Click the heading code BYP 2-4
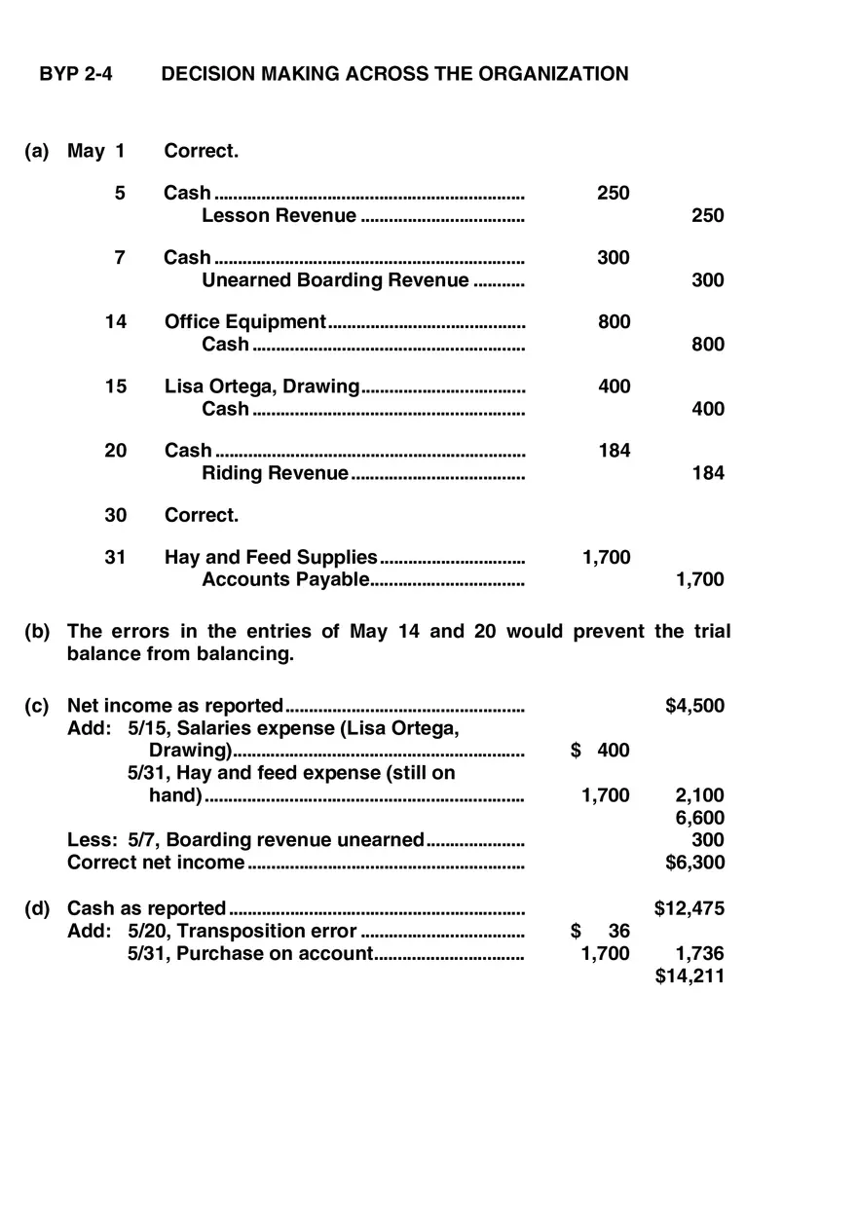(x=75, y=74)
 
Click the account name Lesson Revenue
(x=279, y=216)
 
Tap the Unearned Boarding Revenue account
(x=335, y=280)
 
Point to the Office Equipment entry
(x=244, y=322)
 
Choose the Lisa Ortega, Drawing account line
(x=262, y=386)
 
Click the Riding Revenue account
(x=275, y=473)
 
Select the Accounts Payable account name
(x=285, y=580)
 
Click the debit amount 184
(x=614, y=451)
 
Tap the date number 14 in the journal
(x=116, y=322)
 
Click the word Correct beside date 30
(x=201, y=515)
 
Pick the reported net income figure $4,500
(x=694, y=707)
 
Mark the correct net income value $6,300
(x=694, y=863)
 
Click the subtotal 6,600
(x=699, y=818)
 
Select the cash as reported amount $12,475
(x=689, y=909)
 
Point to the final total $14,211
(x=689, y=976)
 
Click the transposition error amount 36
(x=618, y=932)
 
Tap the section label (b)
(x=37, y=632)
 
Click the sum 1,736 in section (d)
(x=699, y=954)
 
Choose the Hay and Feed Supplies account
(x=271, y=558)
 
